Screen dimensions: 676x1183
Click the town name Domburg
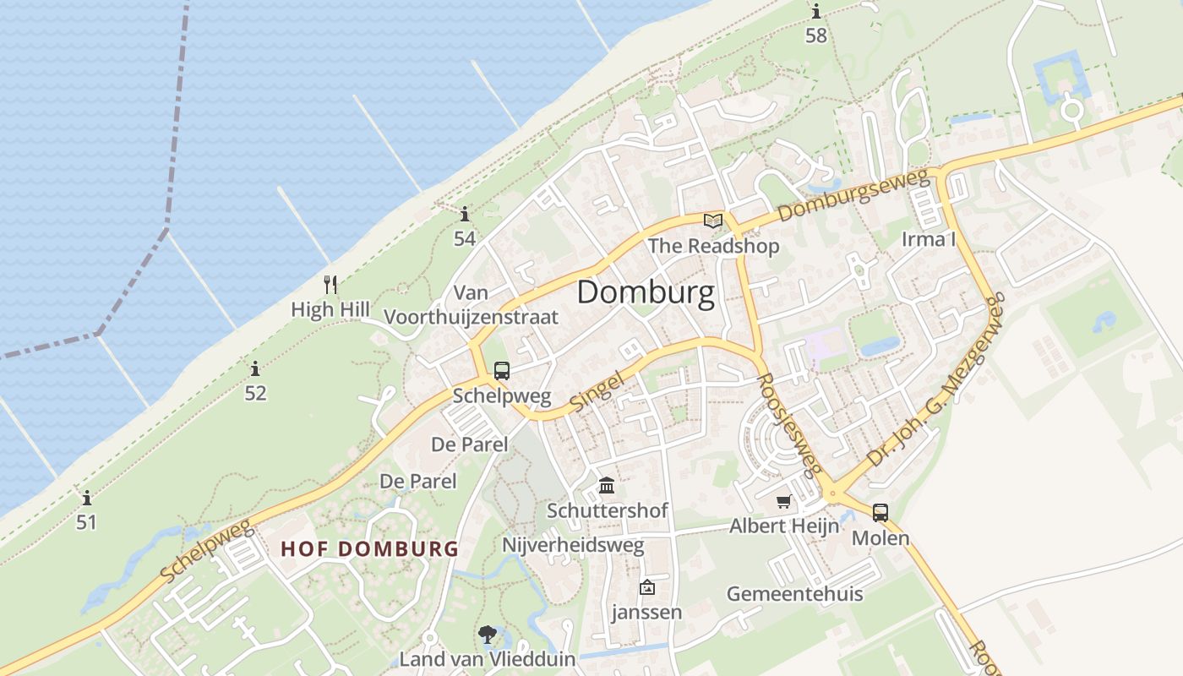click(x=646, y=292)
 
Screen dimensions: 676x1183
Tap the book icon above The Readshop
click(x=713, y=221)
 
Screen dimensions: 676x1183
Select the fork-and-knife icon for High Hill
click(x=330, y=285)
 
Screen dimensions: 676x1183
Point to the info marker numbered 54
click(x=464, y=214)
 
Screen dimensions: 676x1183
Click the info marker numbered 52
click(x=255, y=368)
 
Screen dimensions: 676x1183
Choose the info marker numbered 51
click(x=86, y=497)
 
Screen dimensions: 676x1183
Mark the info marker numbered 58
click(x=816, y=12)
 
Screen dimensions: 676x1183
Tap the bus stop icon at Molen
click(x=880, y=512)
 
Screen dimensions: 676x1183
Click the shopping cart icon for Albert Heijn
click(x=784, y=502)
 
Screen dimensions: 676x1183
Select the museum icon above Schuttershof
click(x=607, y=486)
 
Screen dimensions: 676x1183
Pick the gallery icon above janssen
click(x=646, y=587)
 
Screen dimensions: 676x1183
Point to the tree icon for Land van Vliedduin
click(x=487, y=635)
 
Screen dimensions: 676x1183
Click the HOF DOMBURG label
click(x=369, y=548)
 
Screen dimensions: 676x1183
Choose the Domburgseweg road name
click(x=853, y=196)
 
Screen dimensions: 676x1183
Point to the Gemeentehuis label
click(x=794, y=593)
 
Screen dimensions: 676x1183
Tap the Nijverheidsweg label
click(x=573, y=545)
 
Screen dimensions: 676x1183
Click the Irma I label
click(x=929, y=239)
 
